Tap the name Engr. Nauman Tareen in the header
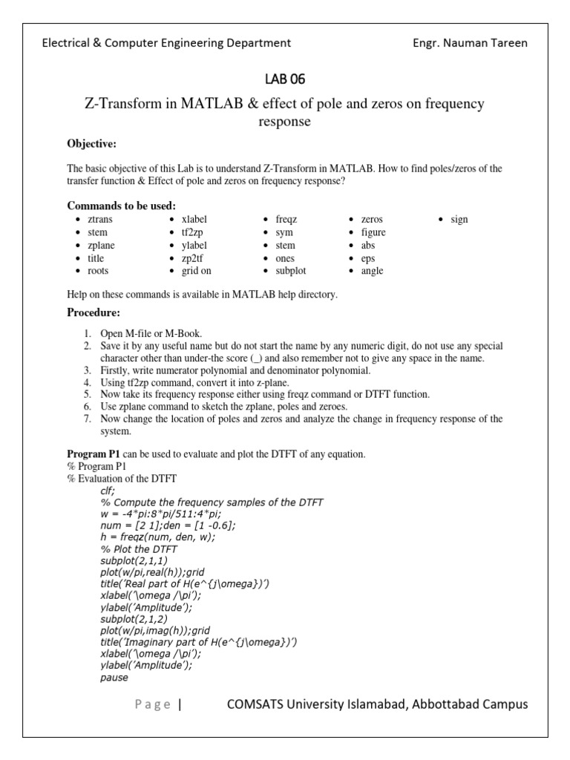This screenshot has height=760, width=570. pyautogui.click(x=470, y=42)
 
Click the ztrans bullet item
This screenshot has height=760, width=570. pyautogui.click(x=100, y=220)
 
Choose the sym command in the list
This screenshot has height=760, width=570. pyautogui.click(x=284, y=232)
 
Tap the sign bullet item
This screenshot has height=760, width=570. pyautogui.click(x=459, y=220)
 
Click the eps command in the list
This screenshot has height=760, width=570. pyautogui.click(x=368, y=258)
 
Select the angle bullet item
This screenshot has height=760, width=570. pyautogui.click(x=372, y=271)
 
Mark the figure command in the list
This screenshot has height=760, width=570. pyautogui.click(x=373, y=232)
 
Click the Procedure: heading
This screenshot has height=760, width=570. pyautogui.click(x=94, y=312)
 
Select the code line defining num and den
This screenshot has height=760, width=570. pyautogui.click(x=168, y=525)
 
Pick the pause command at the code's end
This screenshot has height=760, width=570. pyautogui.click(x=114, y=677)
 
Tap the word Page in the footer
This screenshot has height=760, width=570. pyautogui.click(x=153, y=704)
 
